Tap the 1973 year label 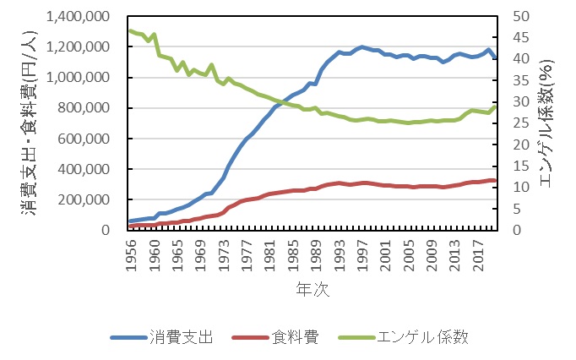pyautogui.click(x=224, y=250)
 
